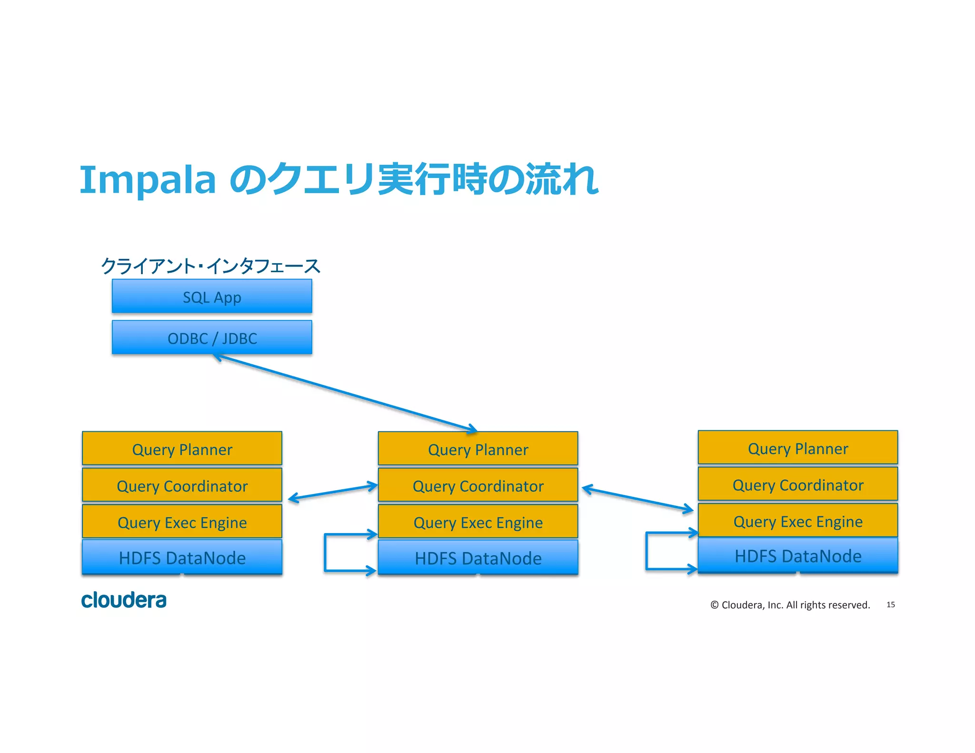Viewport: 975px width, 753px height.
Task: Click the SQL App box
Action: (212, 297)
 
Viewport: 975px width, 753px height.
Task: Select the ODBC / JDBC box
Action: (212, 337)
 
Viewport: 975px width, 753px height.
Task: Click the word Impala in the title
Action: (148, 180)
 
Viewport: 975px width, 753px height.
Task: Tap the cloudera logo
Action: (124, 600)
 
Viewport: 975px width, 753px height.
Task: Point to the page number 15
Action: (890, 604)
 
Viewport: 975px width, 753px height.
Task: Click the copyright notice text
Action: (790, 605)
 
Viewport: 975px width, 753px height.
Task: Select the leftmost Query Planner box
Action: (182, 448)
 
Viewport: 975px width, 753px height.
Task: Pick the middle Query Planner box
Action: (478, 449)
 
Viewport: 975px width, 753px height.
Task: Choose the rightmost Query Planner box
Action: (797, 447)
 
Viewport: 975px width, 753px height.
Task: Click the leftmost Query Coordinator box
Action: (182, 485)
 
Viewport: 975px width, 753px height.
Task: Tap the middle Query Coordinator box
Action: (478, 485)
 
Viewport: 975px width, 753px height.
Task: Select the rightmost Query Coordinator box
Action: (797, 484)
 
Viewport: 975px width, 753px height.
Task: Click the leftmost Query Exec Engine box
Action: (182, 522)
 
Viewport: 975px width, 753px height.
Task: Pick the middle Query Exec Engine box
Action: (478, 522)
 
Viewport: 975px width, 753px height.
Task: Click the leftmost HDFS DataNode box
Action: (182, 557)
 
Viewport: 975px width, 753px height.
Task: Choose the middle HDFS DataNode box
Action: (478, 557)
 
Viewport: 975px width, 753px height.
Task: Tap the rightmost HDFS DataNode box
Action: (797, 555)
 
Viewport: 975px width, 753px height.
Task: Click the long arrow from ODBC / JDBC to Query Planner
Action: (345, 393)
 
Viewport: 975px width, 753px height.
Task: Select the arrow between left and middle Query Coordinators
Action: (333, 492)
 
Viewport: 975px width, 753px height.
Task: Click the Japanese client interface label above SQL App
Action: (210, 266)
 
